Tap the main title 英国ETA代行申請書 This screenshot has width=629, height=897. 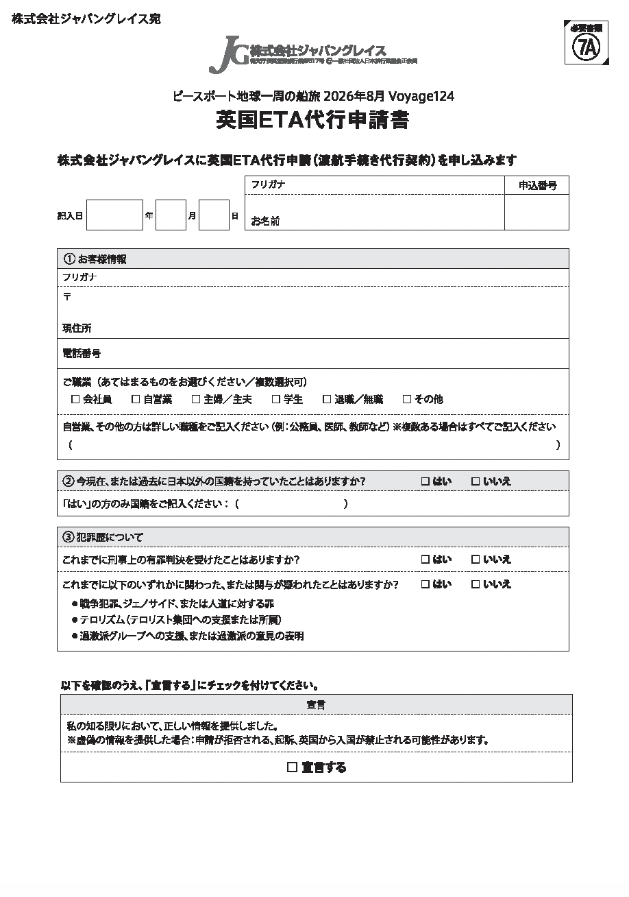[312, 121]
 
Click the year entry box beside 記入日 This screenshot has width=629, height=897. [114, 215]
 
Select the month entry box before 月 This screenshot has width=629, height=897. [171, 215]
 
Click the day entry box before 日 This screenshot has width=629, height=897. [214, 215]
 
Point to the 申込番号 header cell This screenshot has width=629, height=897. [536, 185]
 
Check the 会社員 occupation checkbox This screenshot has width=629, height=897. [75, 399]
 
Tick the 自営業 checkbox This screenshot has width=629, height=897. [136, 399]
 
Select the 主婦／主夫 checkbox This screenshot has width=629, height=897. [196, 399]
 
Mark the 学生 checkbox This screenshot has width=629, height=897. [276, 399]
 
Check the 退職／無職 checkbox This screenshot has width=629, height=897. [327, 399]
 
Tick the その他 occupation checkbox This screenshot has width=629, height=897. [407, 399]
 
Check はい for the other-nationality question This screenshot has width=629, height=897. [425, 481]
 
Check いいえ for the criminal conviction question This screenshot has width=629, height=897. [476, 560]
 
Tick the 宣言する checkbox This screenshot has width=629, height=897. [293, 767]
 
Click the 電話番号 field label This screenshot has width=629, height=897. [82, 354]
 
